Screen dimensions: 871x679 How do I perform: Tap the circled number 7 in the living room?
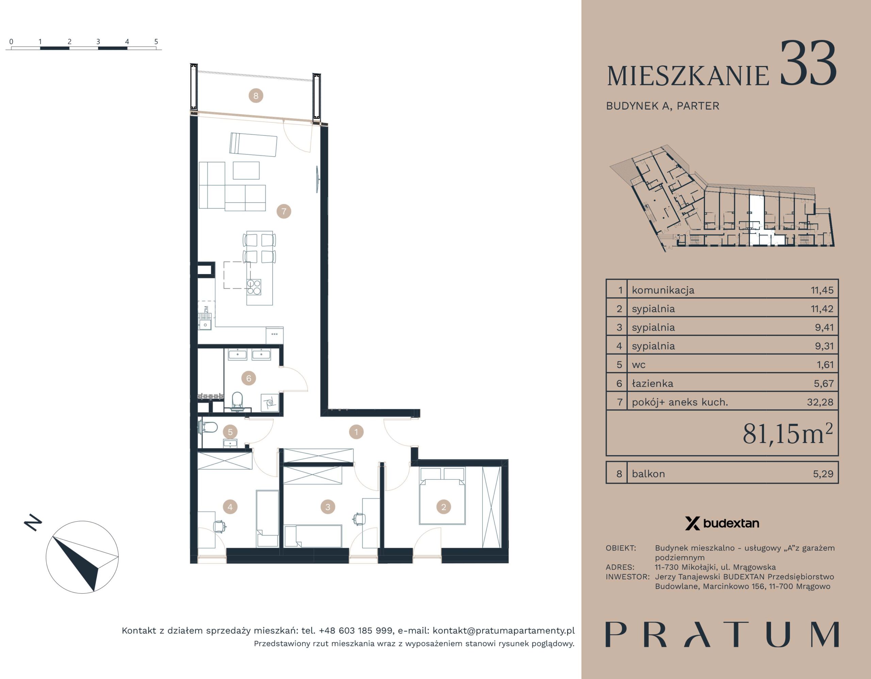284,211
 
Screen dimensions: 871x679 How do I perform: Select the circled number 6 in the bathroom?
249,378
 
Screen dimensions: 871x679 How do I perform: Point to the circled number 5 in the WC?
230,432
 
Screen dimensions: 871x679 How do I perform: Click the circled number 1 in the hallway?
356,431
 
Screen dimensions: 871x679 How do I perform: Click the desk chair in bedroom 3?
359,519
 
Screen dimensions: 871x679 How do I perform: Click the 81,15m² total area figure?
788,434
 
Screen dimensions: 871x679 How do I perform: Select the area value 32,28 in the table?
820,402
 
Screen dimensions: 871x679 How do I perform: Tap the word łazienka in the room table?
653,384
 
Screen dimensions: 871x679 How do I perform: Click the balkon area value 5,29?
823,474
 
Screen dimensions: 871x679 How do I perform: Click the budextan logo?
722,523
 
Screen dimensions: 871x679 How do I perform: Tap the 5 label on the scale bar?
156,41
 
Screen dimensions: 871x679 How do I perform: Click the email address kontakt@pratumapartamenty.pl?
504,631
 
